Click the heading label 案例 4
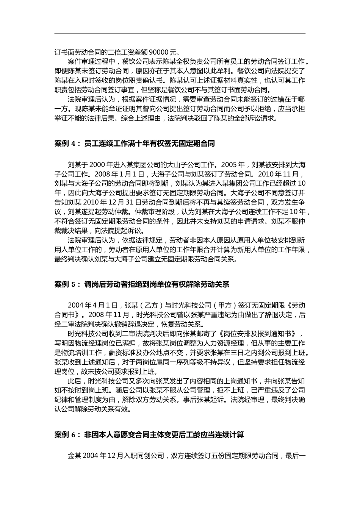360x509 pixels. tap(65, 144)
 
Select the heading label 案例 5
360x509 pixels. tap(65, 284)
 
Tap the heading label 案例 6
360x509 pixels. tap(65, 434)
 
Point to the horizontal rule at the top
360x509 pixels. tap(180, 33)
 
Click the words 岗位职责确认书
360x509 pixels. tap(140, 81)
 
